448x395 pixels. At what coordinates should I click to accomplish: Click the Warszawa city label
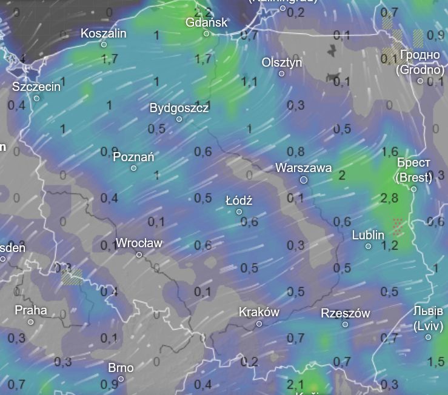point(303,167)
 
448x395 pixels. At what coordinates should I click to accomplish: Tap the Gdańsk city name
point(207,22)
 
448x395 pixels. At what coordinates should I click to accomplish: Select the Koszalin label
point(104,33)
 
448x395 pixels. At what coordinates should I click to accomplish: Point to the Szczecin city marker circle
point(36,98)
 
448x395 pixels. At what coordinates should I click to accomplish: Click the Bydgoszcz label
point(179,108)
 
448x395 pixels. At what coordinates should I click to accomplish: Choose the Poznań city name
point(133,157)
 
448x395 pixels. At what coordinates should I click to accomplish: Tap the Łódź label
point(239,201)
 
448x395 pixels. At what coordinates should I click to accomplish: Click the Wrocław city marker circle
point(139,254)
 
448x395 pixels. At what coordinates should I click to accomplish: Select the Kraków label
point(259,313)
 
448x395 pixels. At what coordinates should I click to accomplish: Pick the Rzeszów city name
point(345,313)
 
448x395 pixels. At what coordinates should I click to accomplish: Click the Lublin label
point(368,235)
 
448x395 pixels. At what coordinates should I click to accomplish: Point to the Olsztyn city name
point(281,62)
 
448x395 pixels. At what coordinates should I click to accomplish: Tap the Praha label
point(31,310)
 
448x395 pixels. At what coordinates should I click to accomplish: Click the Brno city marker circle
point(121,379)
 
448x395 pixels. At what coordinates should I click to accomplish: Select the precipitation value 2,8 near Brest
point(390,198)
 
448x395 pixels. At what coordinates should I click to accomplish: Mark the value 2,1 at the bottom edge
point(295,383)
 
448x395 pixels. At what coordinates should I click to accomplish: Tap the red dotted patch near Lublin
point(398,226)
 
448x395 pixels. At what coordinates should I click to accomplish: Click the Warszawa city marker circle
point(304,180)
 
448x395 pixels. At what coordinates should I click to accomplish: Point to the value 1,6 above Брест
point(390,151)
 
